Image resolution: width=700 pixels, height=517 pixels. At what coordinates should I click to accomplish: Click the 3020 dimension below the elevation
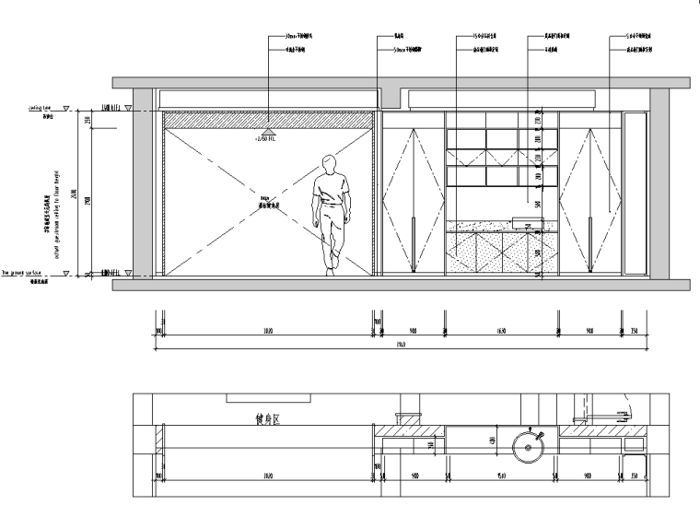coord(267,331)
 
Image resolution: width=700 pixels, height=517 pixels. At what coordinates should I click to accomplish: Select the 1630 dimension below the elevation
coord(501,331)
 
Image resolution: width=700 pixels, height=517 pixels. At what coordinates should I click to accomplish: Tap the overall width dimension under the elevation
coord(402,346)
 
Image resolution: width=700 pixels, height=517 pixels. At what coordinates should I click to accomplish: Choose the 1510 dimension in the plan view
coord(499,477)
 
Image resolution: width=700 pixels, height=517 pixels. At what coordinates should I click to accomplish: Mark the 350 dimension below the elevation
coord(635,331)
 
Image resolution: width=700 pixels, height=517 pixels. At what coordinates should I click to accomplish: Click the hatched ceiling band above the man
coord(268,120)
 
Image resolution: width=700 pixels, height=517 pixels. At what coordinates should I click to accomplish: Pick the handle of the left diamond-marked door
coord(414,243)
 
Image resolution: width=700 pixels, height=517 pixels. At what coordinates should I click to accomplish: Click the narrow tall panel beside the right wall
coord(634,194)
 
